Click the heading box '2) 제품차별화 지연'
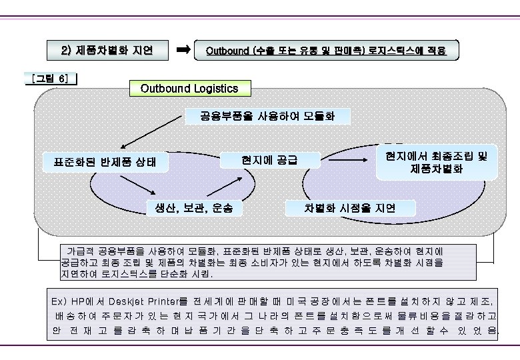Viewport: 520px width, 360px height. [x=107, y=50]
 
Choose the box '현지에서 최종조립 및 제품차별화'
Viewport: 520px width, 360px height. [x=436, y=161]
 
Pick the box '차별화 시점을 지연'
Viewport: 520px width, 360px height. [x=350, y=208]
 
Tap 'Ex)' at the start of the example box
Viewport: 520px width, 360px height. [x=59, y=301]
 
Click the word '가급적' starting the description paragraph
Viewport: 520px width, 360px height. [x=81, y=251]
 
